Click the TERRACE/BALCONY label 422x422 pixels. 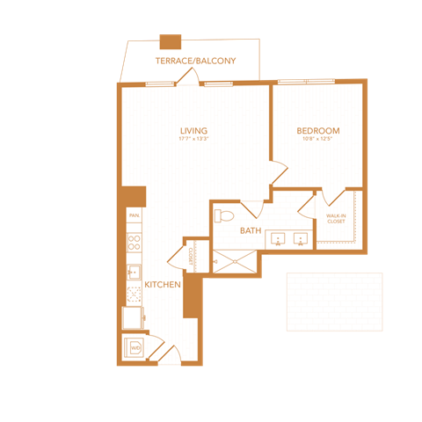[195, 61]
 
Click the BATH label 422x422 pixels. [251, 231]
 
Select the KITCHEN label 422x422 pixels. [163, 285]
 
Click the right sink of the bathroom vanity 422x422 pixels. [300, 239]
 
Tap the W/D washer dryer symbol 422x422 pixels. [135, 348]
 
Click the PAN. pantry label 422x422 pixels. [134, 215]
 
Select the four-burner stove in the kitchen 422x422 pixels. [134, 238]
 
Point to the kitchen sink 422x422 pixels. [134, 272]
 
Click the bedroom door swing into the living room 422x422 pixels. [280, 174]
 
